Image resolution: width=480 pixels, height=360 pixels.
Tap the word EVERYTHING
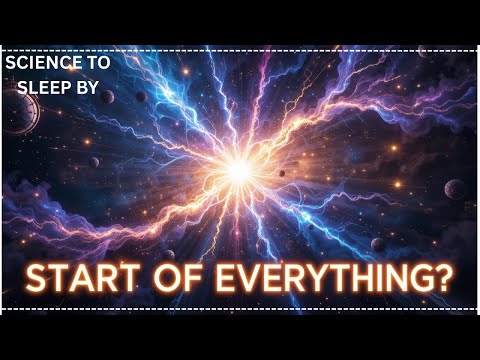click(x=321, y=277)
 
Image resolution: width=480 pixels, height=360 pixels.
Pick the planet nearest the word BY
click(x=140, y=97)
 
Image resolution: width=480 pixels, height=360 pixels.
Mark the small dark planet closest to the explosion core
click(x=282, y=174)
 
